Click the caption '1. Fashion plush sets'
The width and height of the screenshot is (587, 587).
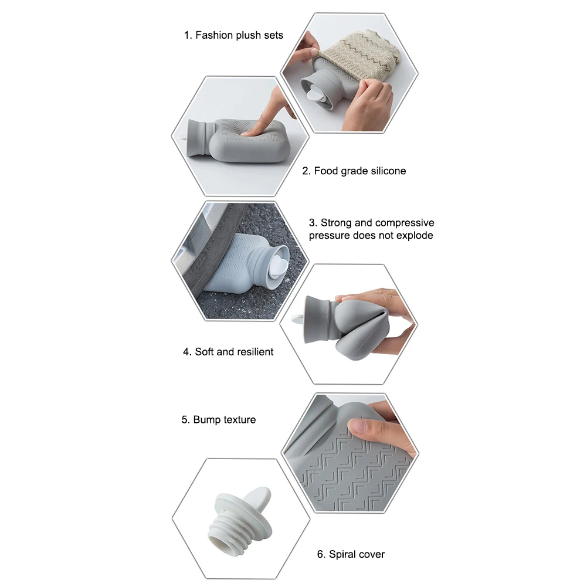pyautogui.click(x=233, y=35)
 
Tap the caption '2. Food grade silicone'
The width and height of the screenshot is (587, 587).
pyautogui.click(x=354, y=171)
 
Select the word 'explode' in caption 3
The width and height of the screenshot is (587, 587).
pyautogui.click(x=415, y=236)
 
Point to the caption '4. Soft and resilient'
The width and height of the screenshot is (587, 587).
pyautogui.click(x=228, y=352)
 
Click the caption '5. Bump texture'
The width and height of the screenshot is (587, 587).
pyautogui.click(x=219, y=420)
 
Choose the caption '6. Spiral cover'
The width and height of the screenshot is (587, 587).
pyautogui.click(x=351, y=554)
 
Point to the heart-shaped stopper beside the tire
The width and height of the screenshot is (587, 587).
pyautogui.click(x=279, y=264)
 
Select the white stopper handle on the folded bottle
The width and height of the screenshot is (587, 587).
pyautogui.click(x=298, y=319)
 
